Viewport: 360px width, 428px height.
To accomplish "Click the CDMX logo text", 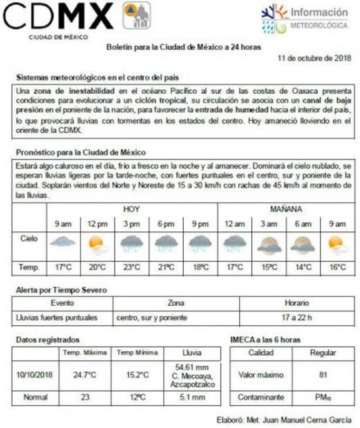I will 59,16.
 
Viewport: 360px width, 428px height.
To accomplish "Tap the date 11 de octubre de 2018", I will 314,59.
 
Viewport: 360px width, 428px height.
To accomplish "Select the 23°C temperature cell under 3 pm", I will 131,266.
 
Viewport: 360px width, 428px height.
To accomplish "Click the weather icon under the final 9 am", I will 337,244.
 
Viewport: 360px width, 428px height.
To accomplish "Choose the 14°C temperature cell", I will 303,266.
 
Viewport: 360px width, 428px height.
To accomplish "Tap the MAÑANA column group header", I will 286,208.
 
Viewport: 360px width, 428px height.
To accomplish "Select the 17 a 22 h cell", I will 296,318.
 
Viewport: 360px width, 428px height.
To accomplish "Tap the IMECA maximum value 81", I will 322,375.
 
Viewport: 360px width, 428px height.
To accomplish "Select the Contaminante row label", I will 261,398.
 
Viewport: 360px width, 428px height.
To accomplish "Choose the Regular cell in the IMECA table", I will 322,353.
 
